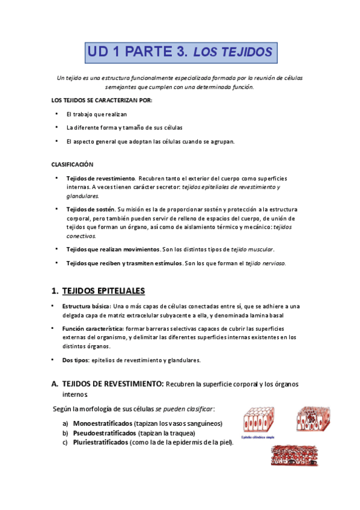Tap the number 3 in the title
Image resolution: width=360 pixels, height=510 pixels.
tap(182, 52)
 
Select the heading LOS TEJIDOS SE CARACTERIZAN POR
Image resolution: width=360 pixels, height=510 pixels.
tap(103, 100)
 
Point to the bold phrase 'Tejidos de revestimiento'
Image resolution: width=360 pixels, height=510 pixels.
tap(100, 179)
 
